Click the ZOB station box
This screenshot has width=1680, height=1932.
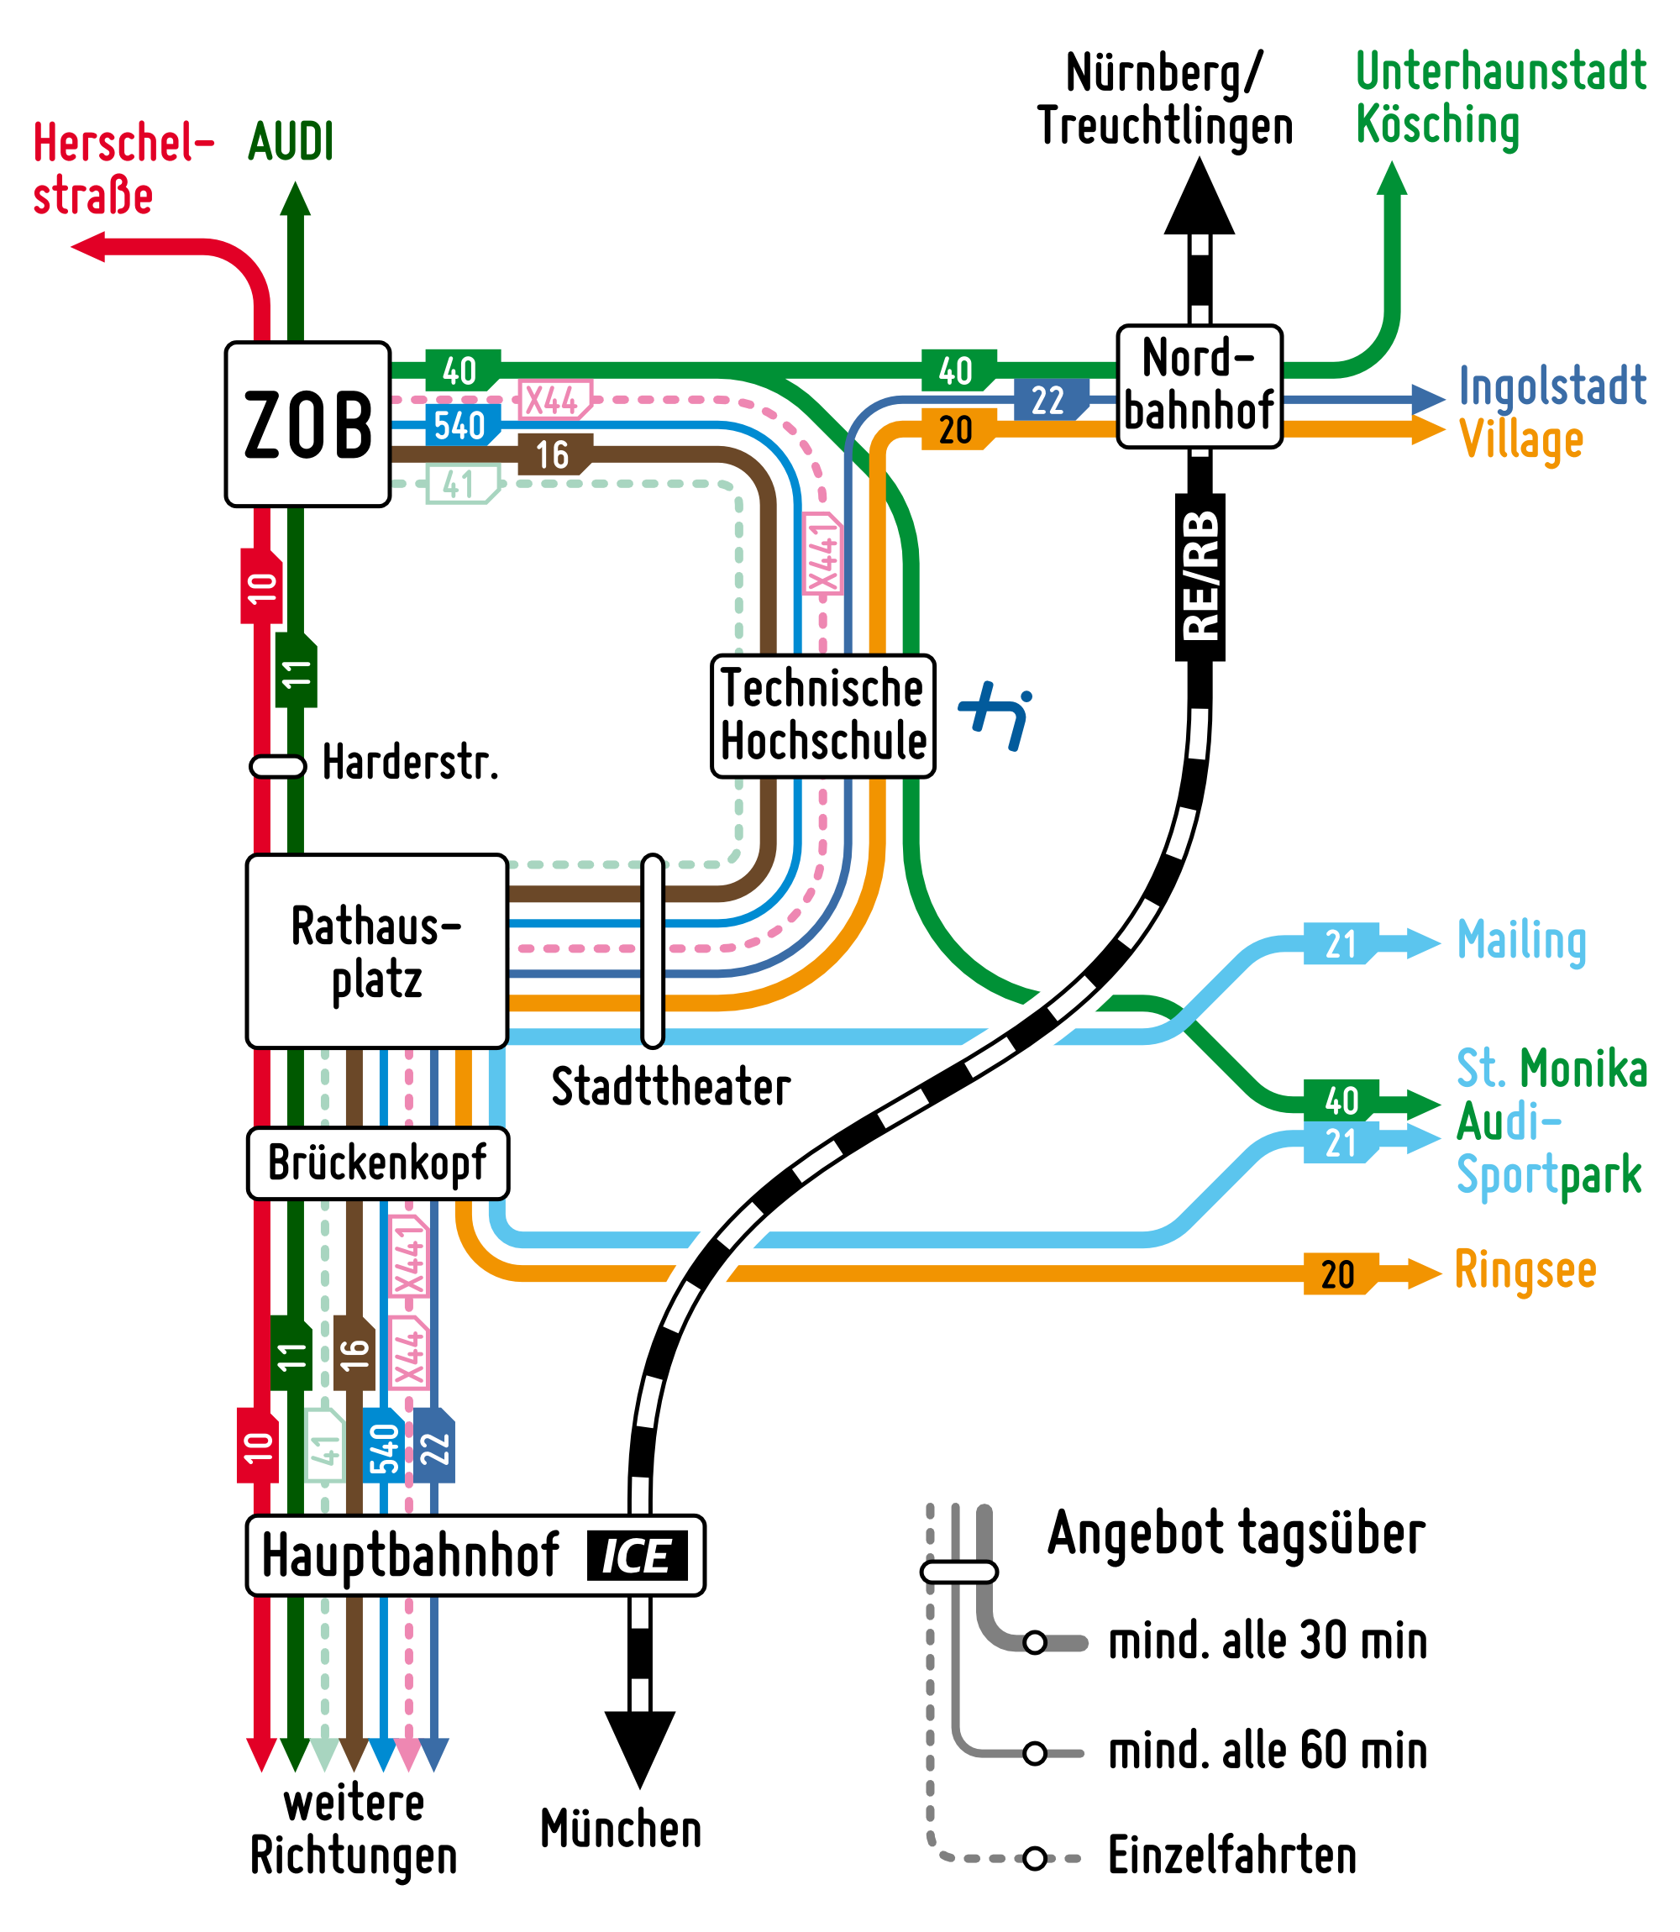[x=307, y=425]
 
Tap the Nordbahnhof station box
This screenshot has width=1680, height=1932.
[x=1199, y=386]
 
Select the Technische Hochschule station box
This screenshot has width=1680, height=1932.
[x=823, y=717]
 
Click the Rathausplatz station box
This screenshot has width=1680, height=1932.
[x=377, y=951]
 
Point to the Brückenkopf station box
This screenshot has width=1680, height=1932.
[x=377, y=1163]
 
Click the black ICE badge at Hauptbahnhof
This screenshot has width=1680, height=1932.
[x=638, y=1556]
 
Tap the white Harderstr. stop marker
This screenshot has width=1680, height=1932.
[x=277, y=767]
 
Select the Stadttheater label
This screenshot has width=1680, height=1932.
[x=670, y=1088]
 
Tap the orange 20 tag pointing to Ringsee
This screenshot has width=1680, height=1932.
[x=1340, y=1274]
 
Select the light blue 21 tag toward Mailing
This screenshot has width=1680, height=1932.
[x=1341, y=944]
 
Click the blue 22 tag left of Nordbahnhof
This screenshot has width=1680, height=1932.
[x=1050, y=401]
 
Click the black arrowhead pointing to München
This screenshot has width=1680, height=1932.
[x=639, y=1746]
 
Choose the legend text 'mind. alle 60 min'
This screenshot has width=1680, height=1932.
[x=1267, y=1751]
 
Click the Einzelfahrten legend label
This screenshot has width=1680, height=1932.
[x=1232, y=1856]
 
